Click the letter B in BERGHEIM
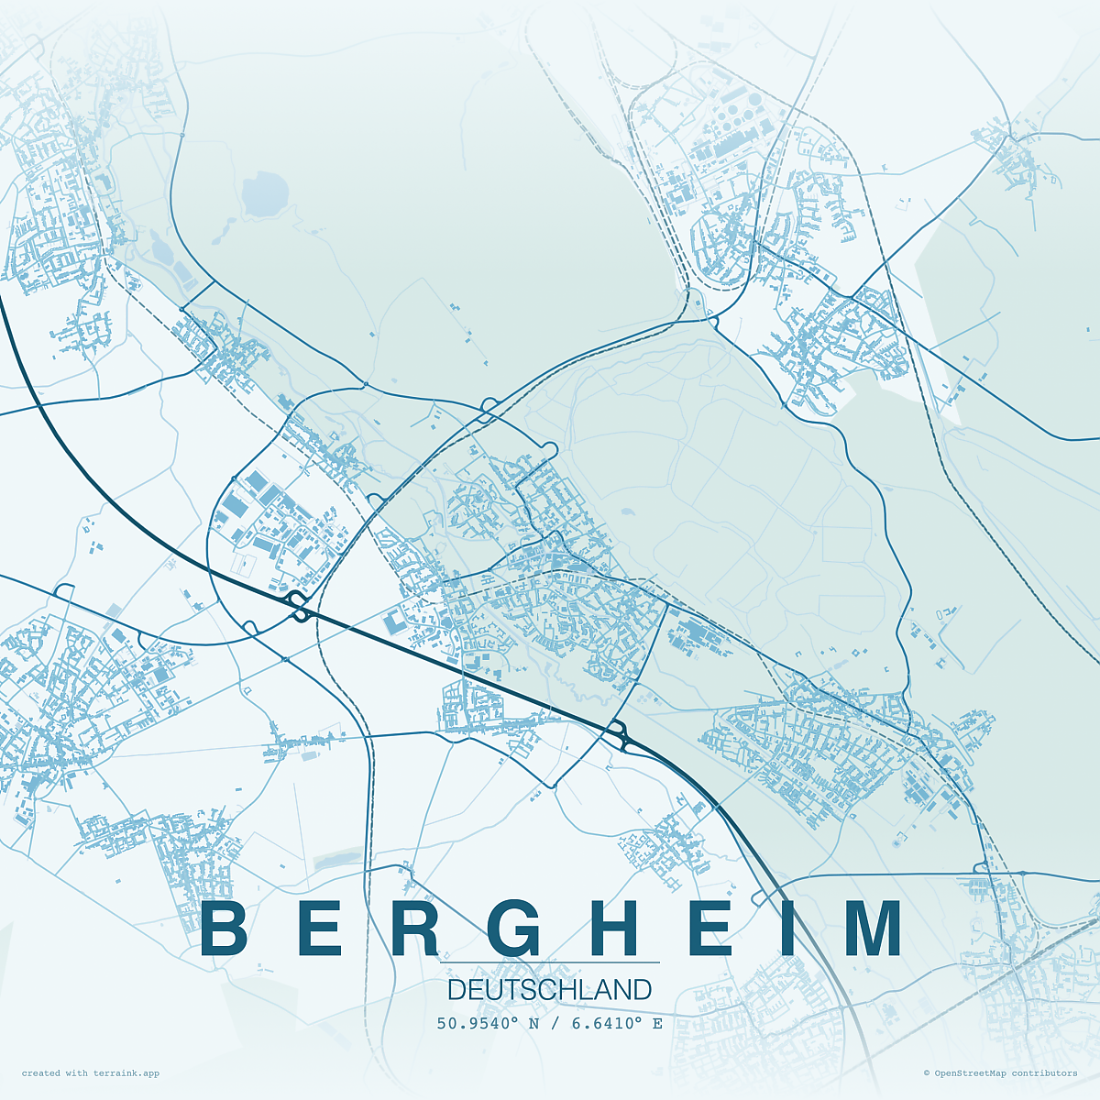(225, 929)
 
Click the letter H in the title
(620, 929)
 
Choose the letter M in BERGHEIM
(873, 929)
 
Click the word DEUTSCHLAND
(550, 990)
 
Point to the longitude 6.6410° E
(617, 1023)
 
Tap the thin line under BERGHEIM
(550, 962)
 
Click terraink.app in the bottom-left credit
(126, 1073)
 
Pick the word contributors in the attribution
(1045, 1073)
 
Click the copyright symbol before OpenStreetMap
(927, 1073)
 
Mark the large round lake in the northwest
(265, 194)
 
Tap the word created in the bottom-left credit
(40, 1073)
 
